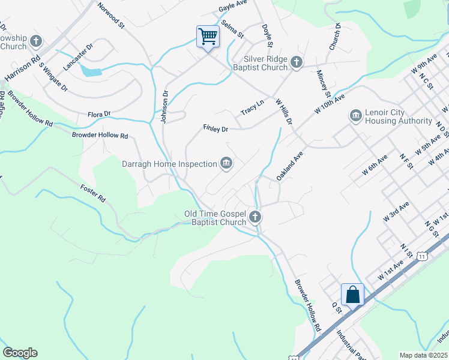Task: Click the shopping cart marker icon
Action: (x=208, y=37)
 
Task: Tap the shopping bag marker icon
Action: (x=352, y=295)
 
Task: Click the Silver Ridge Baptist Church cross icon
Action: (x=296, y=62)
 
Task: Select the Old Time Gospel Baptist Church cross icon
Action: (x=255, y=217)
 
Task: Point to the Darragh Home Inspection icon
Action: (x=226, y=163)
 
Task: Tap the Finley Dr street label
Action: (x=215, y=128)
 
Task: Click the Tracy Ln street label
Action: (x=252, y=108)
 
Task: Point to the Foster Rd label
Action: (x=93, y=192)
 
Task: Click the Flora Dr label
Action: (x=99, y=113)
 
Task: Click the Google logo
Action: (x=20, y=353)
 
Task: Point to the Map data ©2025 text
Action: (x=423, y=355)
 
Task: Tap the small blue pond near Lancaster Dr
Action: (x=91, y=72)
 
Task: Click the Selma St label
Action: (x=232, y=29)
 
